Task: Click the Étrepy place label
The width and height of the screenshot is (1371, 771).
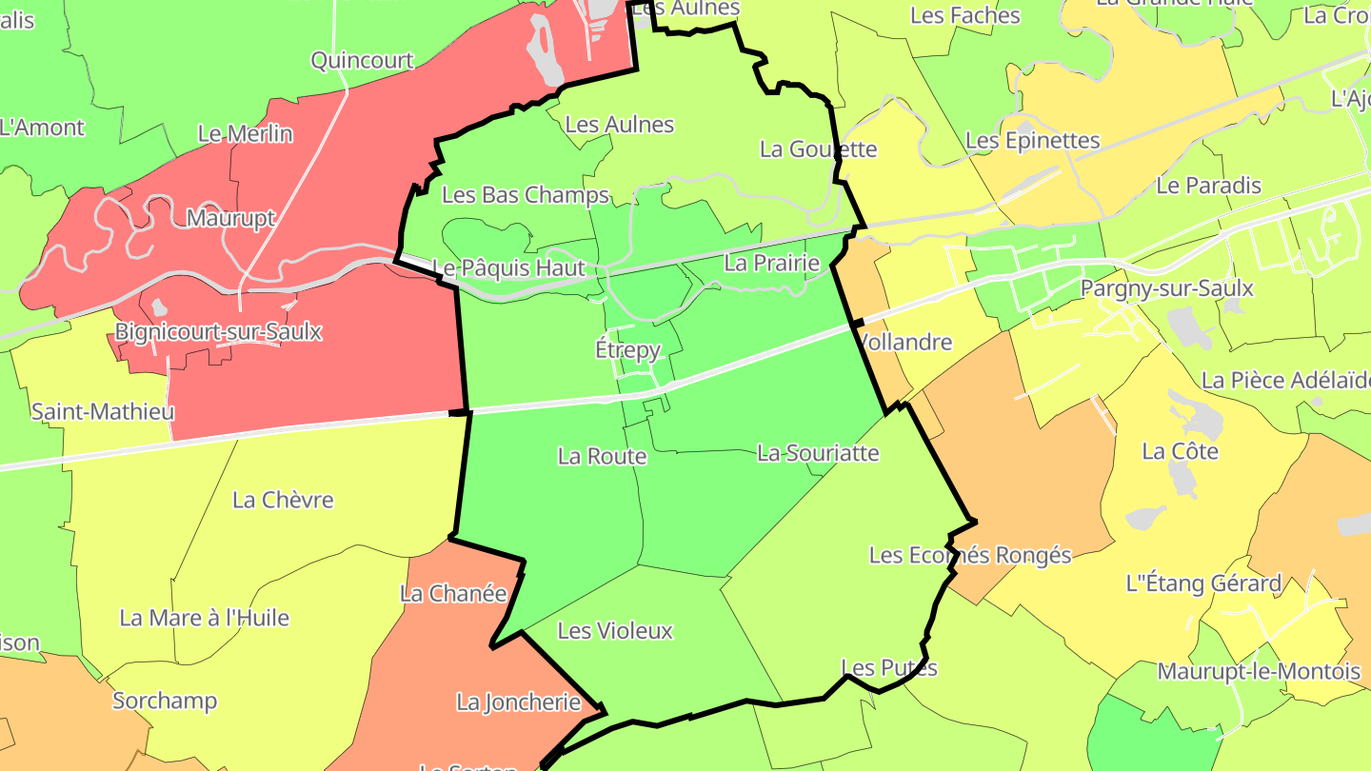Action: point(627,350)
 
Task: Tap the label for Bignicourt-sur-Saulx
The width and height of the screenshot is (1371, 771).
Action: point(218,332)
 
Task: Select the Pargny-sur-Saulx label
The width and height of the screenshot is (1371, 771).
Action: point(1167,288)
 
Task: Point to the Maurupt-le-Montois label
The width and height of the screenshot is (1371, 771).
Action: point(1259,672)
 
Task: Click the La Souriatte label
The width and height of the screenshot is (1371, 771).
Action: point(818,453)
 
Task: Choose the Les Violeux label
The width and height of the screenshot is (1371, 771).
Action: point(615,631)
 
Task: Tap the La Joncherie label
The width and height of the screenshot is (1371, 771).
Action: point(518,702)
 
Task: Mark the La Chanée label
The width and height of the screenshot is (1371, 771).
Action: point(453,594)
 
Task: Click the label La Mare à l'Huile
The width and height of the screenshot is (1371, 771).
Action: point(204,618)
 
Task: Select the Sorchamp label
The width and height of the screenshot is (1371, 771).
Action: point(165,701)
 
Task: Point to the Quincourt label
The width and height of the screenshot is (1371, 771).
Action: point(362,61)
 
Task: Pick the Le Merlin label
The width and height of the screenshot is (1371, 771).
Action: point(245,134)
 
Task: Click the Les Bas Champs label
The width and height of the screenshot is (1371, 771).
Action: point(526,196)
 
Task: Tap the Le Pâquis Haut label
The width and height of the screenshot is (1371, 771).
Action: point(508,268)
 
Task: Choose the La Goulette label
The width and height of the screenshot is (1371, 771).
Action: point(818,149)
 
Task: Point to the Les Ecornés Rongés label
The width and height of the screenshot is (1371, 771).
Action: point(970,555)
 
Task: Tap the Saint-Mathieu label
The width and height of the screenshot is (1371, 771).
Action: point(103,412)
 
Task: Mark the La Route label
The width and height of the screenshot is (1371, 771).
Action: point(602,457)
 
